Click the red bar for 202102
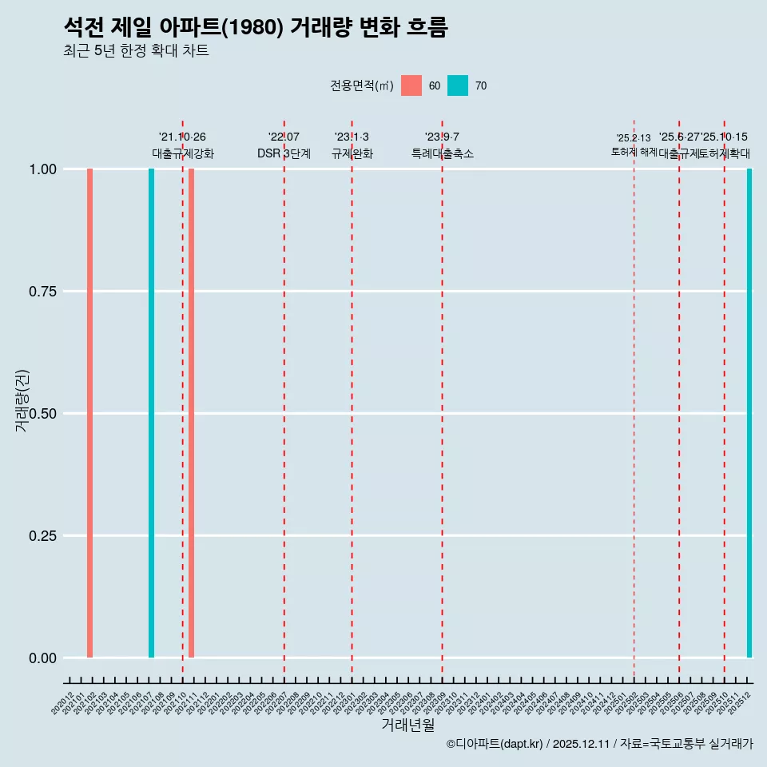click(89, 413)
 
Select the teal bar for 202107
click(151, 413)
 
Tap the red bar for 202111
click(191, 413)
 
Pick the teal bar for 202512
click(749, 413)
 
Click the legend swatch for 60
click(411, 85)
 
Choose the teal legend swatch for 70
click(458, 85)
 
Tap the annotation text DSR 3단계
click(284, 153)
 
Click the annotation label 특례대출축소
click(442, 153)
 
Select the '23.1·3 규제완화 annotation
click(352, 145)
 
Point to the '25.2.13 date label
click(634, 138)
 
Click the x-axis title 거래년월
click(407, 725)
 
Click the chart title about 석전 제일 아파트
click(256, 27)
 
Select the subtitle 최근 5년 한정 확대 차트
click(136, 51)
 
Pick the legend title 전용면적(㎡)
click(361, 85)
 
